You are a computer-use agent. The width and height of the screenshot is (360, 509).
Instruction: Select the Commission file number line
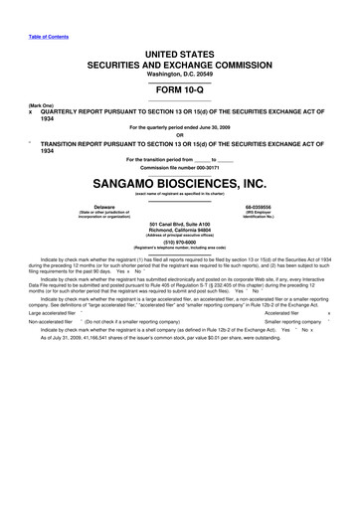click(179, 166)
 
